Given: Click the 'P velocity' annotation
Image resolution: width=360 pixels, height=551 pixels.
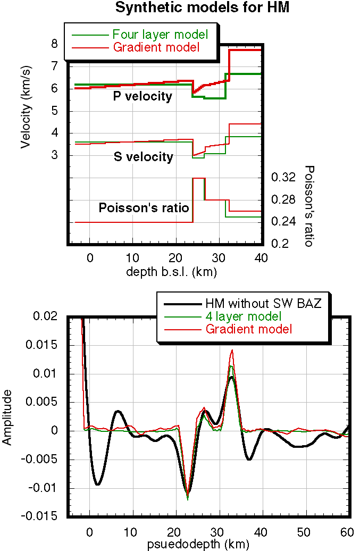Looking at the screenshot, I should [143, 96].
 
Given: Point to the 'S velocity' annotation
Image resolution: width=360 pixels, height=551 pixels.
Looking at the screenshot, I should [144, 157].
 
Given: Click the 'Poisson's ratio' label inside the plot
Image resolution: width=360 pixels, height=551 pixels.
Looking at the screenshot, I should [144, 208].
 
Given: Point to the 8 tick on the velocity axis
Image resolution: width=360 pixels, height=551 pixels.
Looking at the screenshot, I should [54, 44].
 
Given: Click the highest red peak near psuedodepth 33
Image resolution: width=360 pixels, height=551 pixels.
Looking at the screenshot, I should [232, 350].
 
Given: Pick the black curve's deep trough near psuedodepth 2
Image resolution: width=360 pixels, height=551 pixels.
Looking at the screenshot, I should [98, 484].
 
